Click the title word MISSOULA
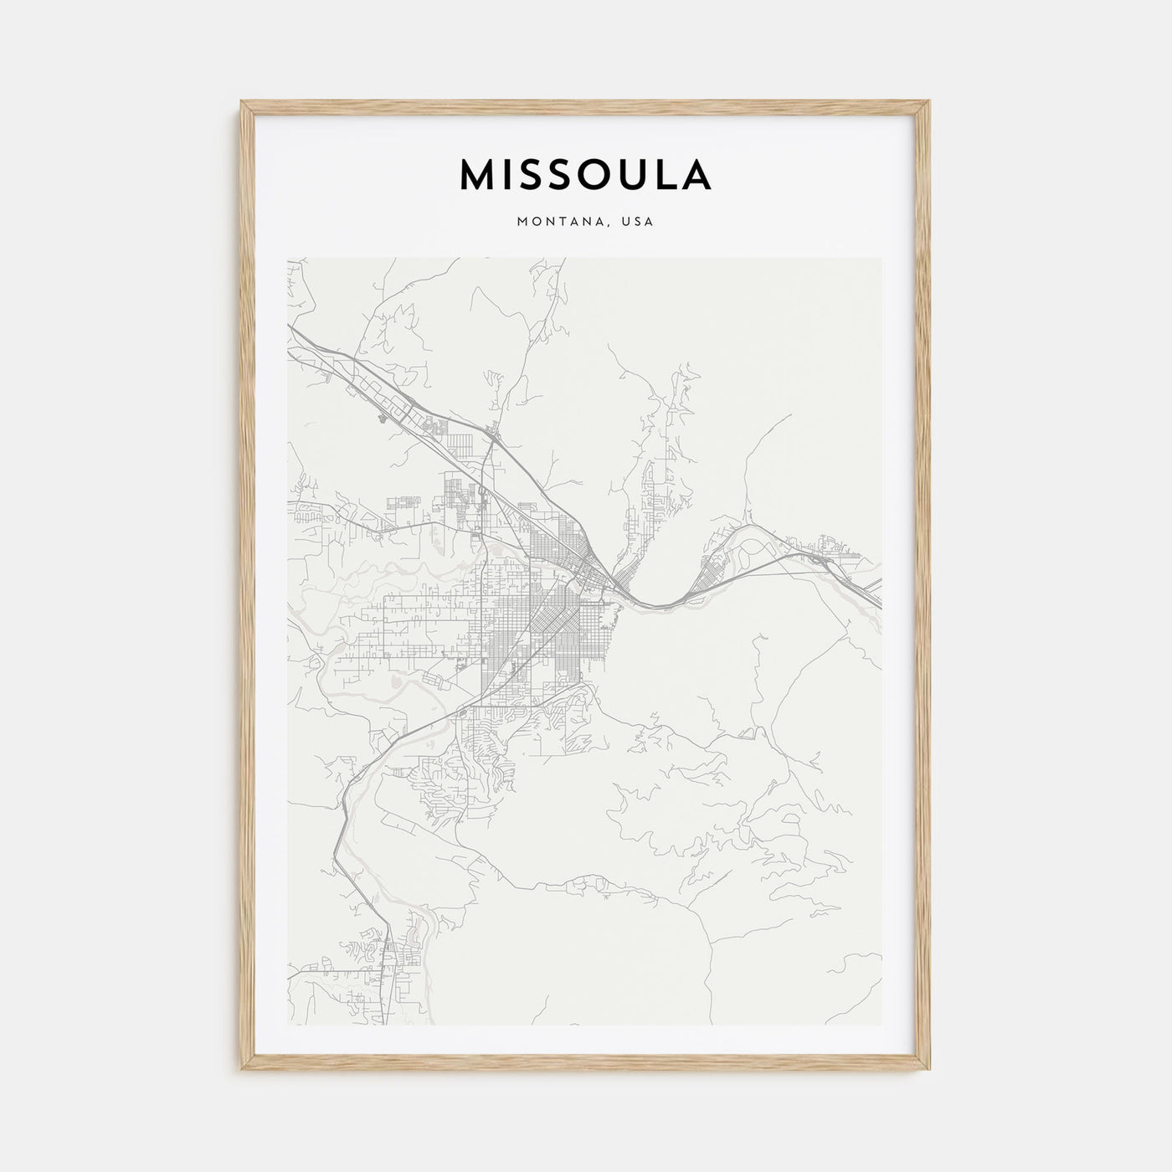[585, 174]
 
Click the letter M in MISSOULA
[480, 174]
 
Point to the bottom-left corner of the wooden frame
[243, 1070]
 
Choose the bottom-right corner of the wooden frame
[929, 1070]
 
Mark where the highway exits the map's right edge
[879, 599]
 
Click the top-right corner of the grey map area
[881, 258]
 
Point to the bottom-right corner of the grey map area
[881, 1025]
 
